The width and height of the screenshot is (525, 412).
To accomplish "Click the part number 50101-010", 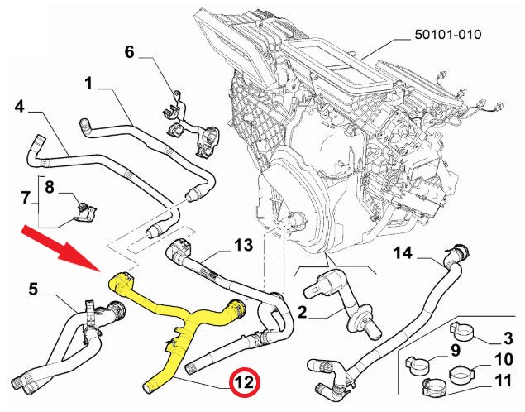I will [x=447, y=35].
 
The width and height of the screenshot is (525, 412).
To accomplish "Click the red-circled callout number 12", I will [x=244, y=384].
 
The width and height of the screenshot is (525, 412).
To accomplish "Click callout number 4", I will [x=19, y=107].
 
